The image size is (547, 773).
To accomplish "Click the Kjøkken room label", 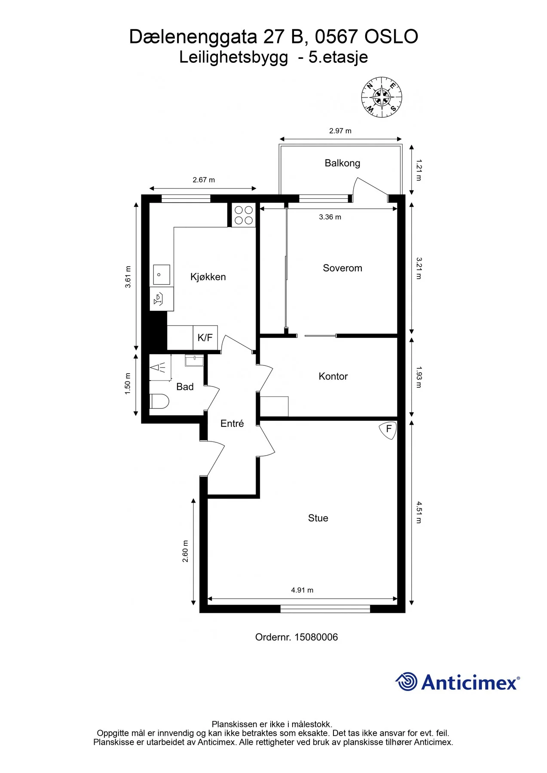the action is coord(208,277).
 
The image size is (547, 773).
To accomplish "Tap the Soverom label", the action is coord(342,268).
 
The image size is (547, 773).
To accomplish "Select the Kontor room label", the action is coord(333,376).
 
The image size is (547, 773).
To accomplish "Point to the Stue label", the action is coord(318,518).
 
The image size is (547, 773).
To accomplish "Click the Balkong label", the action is coord(342,163).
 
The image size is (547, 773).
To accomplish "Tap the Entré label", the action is coord(232,423).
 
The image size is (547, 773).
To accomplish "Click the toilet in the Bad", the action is coord(159,402).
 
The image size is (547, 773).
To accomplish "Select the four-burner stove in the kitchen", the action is coord(244,215).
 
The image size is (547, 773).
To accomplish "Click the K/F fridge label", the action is coord(205,338).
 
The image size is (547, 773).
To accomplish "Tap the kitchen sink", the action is coord(162,275).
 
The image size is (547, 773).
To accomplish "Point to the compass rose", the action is coord(382,97).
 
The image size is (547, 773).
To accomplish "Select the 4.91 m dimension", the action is coord(302,590).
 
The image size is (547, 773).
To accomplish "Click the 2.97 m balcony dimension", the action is coord(340,131).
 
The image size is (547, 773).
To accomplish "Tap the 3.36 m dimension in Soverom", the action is coord(330,217).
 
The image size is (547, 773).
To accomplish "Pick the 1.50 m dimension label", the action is coord(128,383).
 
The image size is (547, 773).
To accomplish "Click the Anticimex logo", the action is coord(458,682).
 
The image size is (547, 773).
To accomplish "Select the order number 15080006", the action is coord(316,637).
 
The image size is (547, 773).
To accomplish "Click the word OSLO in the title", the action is coord(391,37).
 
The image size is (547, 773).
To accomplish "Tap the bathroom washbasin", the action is coord(195,360).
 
